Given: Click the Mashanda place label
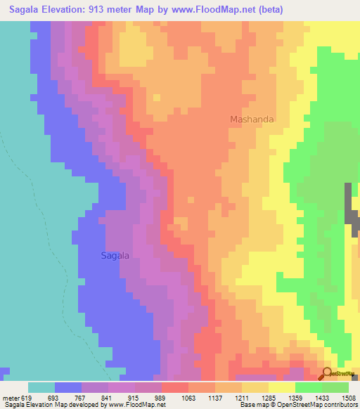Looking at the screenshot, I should click(x=252, y=119).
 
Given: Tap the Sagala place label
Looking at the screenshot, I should click(x=115, y=256).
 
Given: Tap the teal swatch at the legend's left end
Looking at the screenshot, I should click(x=41, y=387).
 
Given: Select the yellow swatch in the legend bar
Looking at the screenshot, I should click(x=281, y=387).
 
